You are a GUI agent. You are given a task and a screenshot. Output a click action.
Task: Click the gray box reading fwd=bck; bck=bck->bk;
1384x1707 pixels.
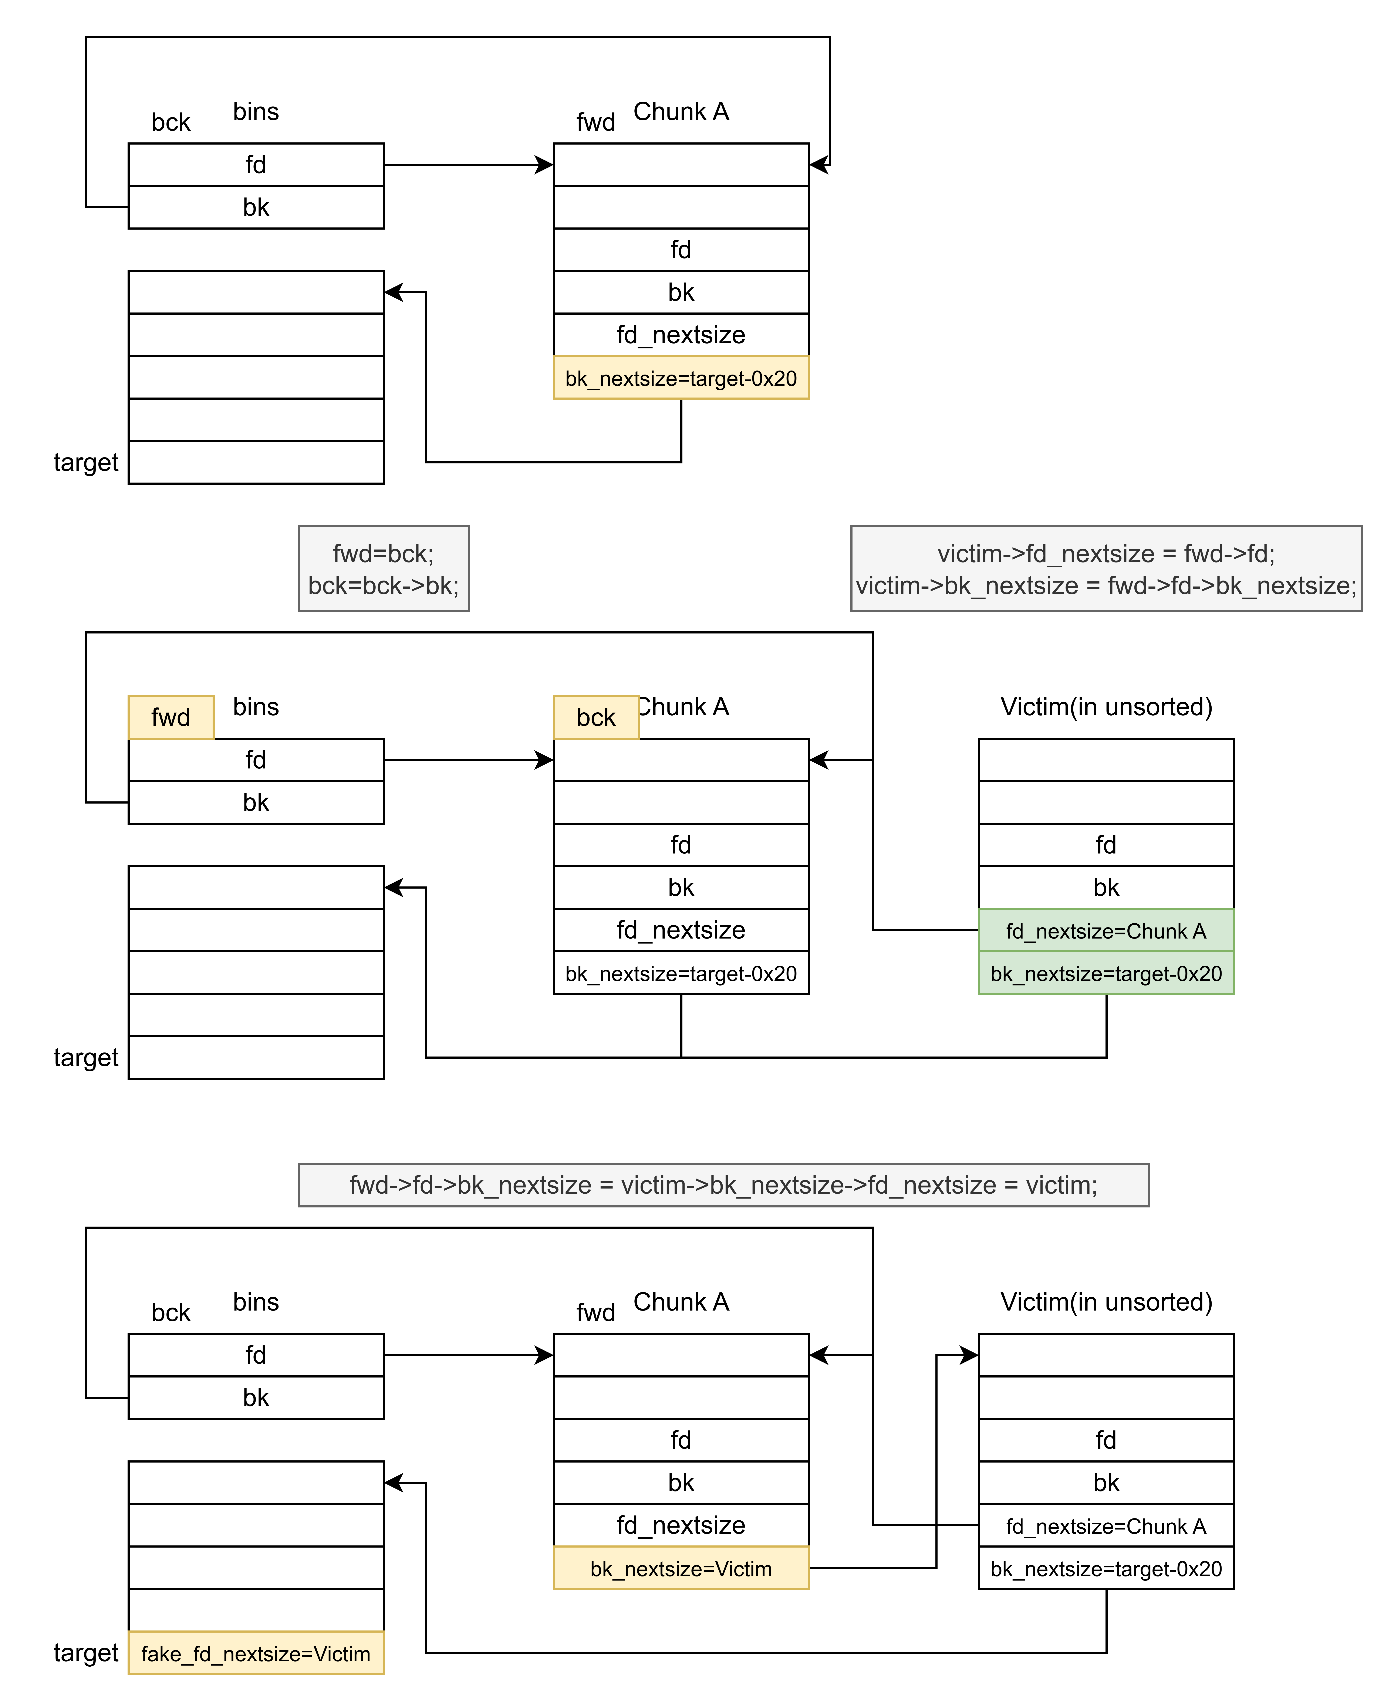384,568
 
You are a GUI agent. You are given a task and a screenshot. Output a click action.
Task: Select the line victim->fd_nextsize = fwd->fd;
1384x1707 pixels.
1106,553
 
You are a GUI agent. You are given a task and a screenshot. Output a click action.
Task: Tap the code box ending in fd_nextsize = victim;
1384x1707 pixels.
723,1185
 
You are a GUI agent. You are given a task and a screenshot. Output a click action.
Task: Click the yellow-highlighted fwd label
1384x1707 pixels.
171,717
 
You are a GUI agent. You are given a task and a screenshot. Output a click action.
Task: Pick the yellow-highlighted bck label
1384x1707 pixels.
595,717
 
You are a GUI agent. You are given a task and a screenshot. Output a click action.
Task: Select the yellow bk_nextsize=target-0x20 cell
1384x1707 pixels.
681,377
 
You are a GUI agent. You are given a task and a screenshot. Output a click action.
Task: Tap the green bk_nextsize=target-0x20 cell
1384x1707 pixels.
1106,973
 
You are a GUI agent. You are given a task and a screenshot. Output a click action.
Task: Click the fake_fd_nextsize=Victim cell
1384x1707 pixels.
256,1653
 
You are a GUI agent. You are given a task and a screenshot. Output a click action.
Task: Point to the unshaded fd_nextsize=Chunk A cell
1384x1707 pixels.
1106,1525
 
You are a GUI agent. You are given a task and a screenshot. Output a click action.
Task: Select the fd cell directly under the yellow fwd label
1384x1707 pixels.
256,760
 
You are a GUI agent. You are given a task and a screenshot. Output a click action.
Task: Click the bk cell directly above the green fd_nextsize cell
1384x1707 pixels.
1106,887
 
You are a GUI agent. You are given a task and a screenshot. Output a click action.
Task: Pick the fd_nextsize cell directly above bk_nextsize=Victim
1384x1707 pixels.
681,1525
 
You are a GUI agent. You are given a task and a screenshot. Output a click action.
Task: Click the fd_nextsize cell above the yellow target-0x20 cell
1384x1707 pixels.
681,335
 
